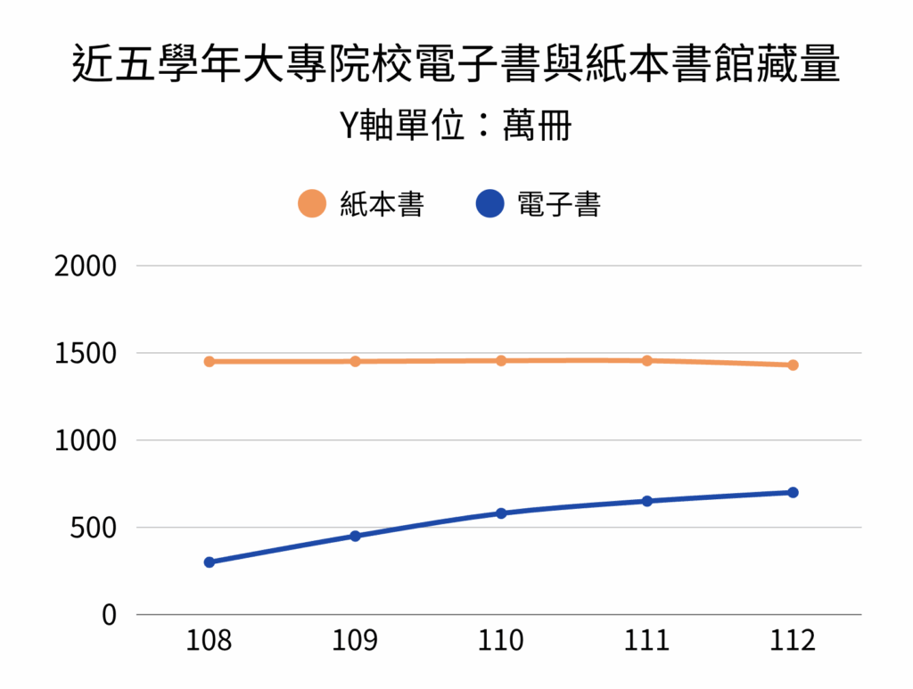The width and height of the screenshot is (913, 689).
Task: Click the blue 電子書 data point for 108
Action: pyautogui.click(x=210, y=562)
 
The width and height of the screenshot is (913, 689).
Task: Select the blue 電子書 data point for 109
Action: pyautogui.click(x=355, y=536)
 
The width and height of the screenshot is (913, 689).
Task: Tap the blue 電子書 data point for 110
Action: pyautogui.click(x=501, y=513)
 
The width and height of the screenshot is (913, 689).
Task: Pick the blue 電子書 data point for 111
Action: pyautogui.click(x=647, y=501)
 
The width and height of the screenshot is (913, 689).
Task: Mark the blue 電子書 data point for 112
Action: pyautogui.click(x=793, y=492)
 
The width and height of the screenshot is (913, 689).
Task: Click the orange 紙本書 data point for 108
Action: pyautogui.click(x=210, y=362)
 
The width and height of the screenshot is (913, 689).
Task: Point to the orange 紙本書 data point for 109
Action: pyautogui.click(x=355, y=362)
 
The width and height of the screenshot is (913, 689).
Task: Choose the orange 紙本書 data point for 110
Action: pyautogui.click(x=501, y=361)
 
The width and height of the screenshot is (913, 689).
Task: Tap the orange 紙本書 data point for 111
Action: pyautogui.click(x=647, y=361)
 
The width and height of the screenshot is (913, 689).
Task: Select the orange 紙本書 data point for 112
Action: pyautogui.click(x=793, y=365)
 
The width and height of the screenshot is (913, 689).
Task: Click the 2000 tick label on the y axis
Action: pyautogui.click(x=86, y=266)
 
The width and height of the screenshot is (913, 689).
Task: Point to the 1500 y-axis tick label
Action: pyautogui.click(x=86, y=353)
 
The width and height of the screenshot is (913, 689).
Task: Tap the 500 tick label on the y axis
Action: pyautogui.click(x=94, y=528)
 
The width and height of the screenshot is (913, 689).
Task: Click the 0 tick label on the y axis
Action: pyautogui.click(x=109, y=615)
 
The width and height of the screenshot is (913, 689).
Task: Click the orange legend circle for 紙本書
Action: pyautogui.click(x=312, y=205)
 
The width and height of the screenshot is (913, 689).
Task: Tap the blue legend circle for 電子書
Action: pyautogui.click(x=491, y=205)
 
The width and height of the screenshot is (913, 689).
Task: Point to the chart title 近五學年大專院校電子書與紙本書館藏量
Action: pyautogui.click(x=456, y=65)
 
